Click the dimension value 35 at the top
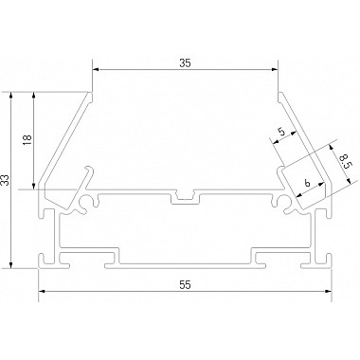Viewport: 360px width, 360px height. click(186, 63)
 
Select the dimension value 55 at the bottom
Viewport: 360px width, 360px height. click(186, 285)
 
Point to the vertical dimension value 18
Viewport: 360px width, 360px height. click(27, 140)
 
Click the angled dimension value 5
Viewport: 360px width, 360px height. click(282, 131)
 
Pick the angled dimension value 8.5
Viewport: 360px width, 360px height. click(343, 160)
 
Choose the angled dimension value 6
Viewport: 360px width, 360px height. click(308, 183)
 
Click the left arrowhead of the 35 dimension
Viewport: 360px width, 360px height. click(96, 70)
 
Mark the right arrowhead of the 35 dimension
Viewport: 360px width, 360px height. click(274, 70)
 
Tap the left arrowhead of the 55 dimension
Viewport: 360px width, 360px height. click(43, 291)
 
